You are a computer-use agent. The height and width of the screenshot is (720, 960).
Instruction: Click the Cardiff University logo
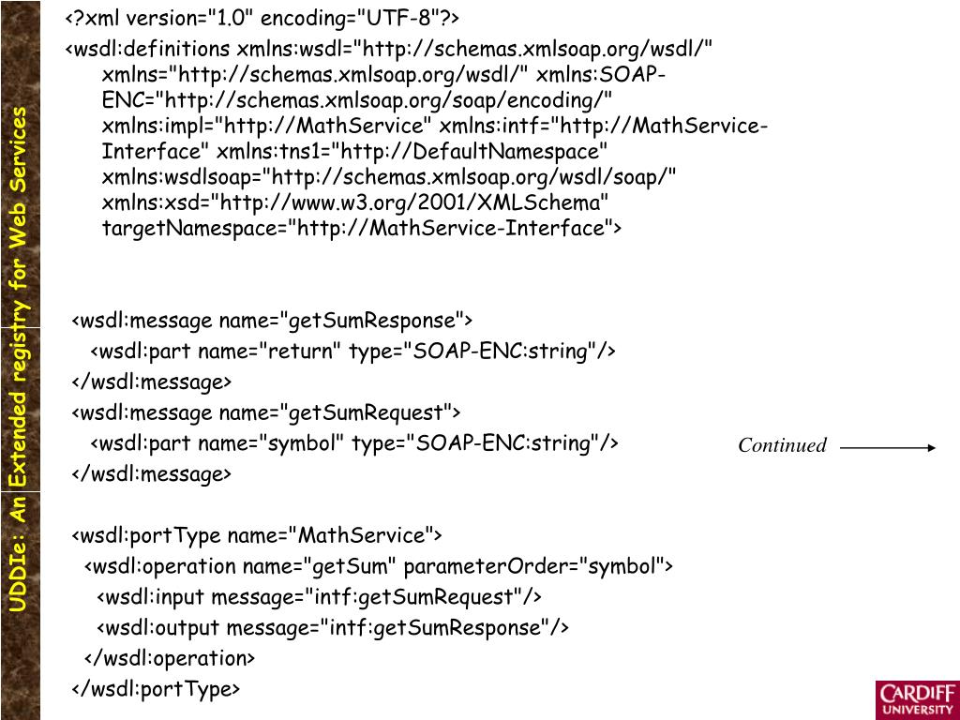coord(917,699)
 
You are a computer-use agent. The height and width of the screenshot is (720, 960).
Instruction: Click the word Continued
coord(782,445)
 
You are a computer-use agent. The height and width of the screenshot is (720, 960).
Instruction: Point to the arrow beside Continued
coord(887,448)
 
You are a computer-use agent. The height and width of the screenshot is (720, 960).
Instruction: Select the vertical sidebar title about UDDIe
coord(20,361)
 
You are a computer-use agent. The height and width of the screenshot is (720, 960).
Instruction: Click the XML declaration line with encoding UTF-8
coord(262,19)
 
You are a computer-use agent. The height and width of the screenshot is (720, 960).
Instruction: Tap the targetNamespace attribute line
coord(361,228)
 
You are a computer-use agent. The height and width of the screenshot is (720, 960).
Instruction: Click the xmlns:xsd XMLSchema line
coord(355,202)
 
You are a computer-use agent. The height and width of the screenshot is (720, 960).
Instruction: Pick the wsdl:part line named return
coord(352,352)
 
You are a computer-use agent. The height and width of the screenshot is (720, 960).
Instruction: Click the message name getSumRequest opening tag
coord(266,412)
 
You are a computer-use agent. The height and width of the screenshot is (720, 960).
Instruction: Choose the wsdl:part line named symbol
coord(354,443)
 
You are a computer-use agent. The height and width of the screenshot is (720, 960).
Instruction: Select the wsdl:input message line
coord(319,597)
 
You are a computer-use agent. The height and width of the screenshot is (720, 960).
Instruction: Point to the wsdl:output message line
coord(333,627)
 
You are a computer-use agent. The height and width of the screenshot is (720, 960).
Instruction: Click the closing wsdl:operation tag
coord(170,658)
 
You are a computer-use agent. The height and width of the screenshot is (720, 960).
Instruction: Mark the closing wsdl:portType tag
coord(157,689)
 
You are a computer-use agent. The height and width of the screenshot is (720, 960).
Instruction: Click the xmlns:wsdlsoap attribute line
coord(389,177)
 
